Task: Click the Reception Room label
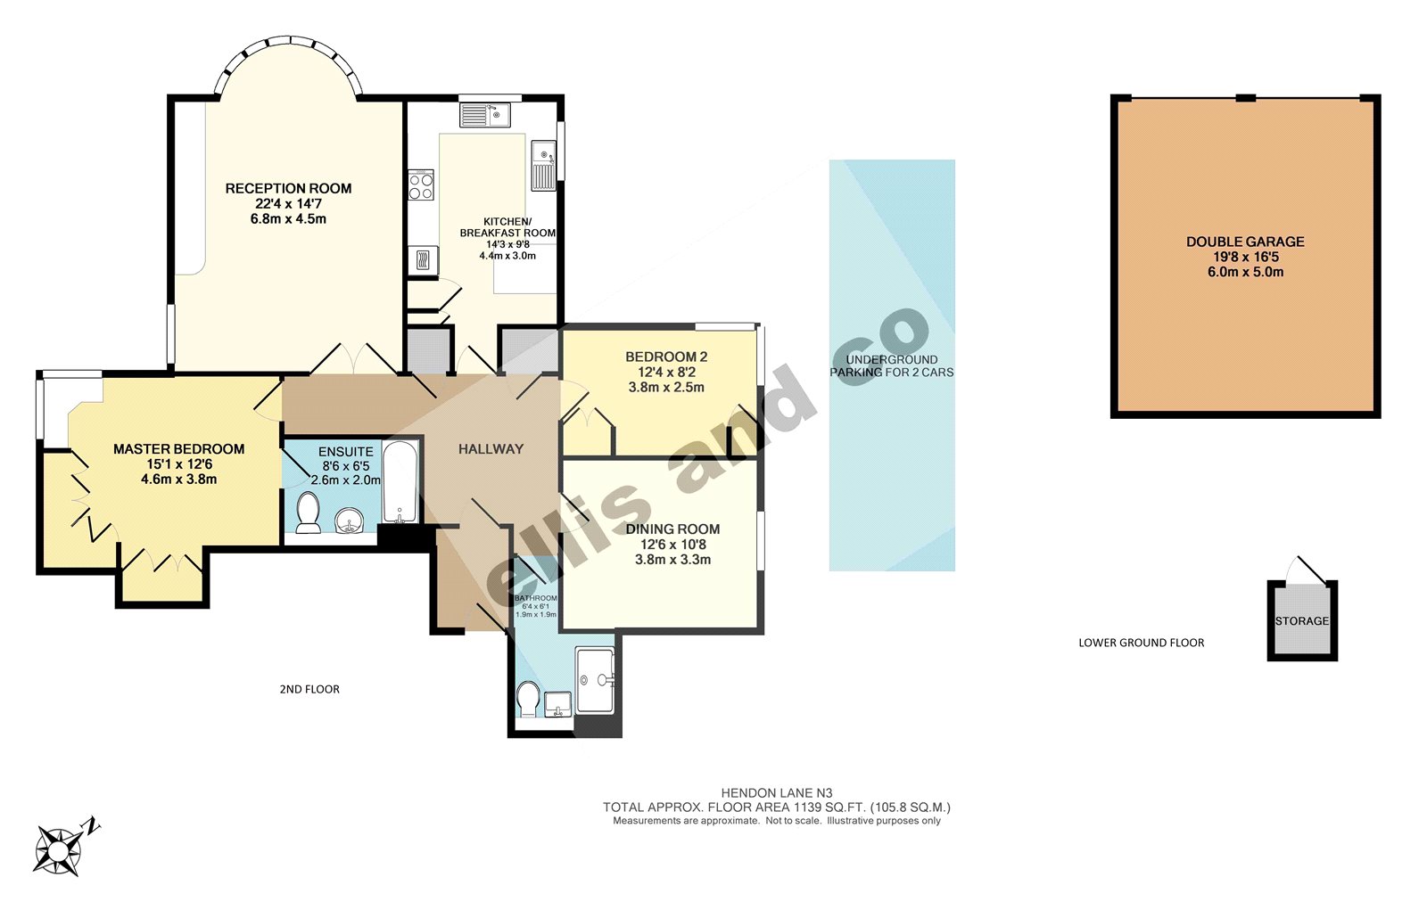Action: (x=288, y=188)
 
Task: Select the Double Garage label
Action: (x=1245, y=242)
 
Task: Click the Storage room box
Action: (x=1302, y=620)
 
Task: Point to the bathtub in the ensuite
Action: (x=401, y=481)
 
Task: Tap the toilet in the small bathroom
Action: (x=528, y=699)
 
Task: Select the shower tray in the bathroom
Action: (x=596, y=679)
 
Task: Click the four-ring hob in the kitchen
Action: (x=421, y=185)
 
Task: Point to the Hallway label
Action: (x=491, y=449)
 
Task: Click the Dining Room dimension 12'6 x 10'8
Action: (x=673, y=545)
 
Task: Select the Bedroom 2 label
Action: (x=666, y=357)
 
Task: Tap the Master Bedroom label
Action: (x=178, y=449)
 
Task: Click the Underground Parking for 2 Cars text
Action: (x=892, y=365)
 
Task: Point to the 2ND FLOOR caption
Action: (x=309, y=689)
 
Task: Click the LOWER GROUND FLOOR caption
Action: (x=1141, y=643)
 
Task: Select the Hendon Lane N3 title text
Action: (x=776, y=792)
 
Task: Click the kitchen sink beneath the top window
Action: (x=485, y=115)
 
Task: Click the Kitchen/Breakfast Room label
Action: (x=507, y=227)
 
